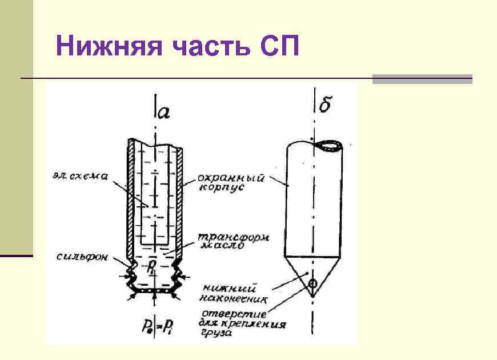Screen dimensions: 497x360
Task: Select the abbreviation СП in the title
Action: [x=278, y=46]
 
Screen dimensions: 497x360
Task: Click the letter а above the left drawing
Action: [x=163, y=111]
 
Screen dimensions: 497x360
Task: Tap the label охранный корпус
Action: [x=231, y=182]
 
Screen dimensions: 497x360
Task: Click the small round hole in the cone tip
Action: [x=312, y=283]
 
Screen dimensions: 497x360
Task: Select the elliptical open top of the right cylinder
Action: [x=329, y=146]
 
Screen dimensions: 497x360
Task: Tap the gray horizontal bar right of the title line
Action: [x=422, y=79]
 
